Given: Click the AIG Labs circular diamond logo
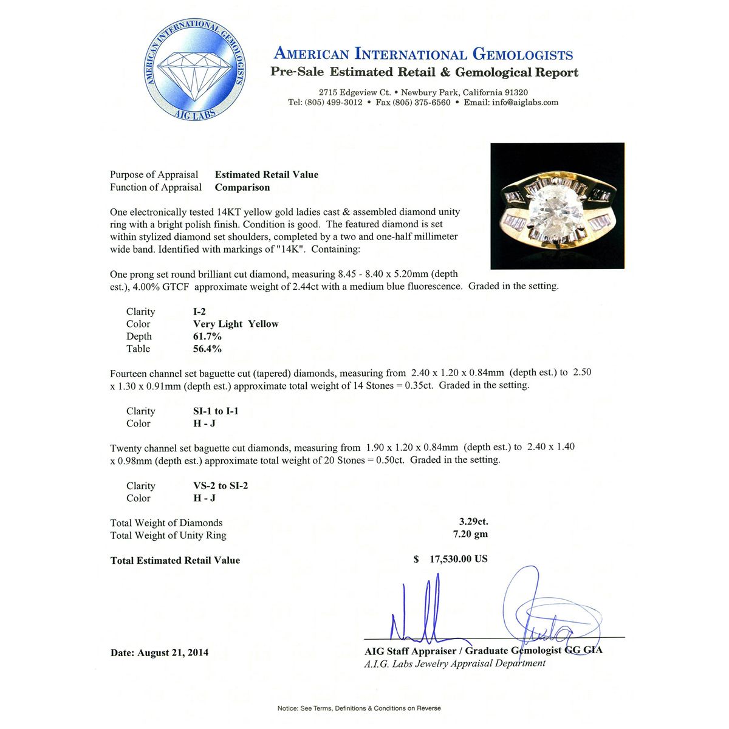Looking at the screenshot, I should click(195, 70).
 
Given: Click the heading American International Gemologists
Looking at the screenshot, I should click(423, 54).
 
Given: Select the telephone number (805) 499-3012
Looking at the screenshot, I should click(334, 103).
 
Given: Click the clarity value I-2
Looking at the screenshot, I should click(199, 312).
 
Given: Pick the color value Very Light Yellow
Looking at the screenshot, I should click(236, 324).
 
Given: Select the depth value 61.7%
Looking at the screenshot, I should click(207, 337).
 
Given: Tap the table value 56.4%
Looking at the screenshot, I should click(207, 349).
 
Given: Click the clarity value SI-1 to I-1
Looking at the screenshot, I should click(216, 411).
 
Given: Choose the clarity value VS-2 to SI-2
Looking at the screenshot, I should click(221, 486).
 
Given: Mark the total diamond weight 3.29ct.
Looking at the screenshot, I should click(473, 522).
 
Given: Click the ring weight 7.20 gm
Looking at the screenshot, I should click(470, 535).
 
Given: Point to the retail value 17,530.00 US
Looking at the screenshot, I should click(458, 559).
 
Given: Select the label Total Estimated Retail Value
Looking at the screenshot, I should click(175, 561).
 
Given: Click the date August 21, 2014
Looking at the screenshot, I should click(173, 652).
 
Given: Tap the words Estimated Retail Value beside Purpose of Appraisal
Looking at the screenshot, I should click(266, 175).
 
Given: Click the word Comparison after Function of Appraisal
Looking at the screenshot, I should click(242, 188).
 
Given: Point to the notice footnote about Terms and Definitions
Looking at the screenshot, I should click(359, 708).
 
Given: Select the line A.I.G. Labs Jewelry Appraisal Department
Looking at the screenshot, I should click(454, 663).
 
